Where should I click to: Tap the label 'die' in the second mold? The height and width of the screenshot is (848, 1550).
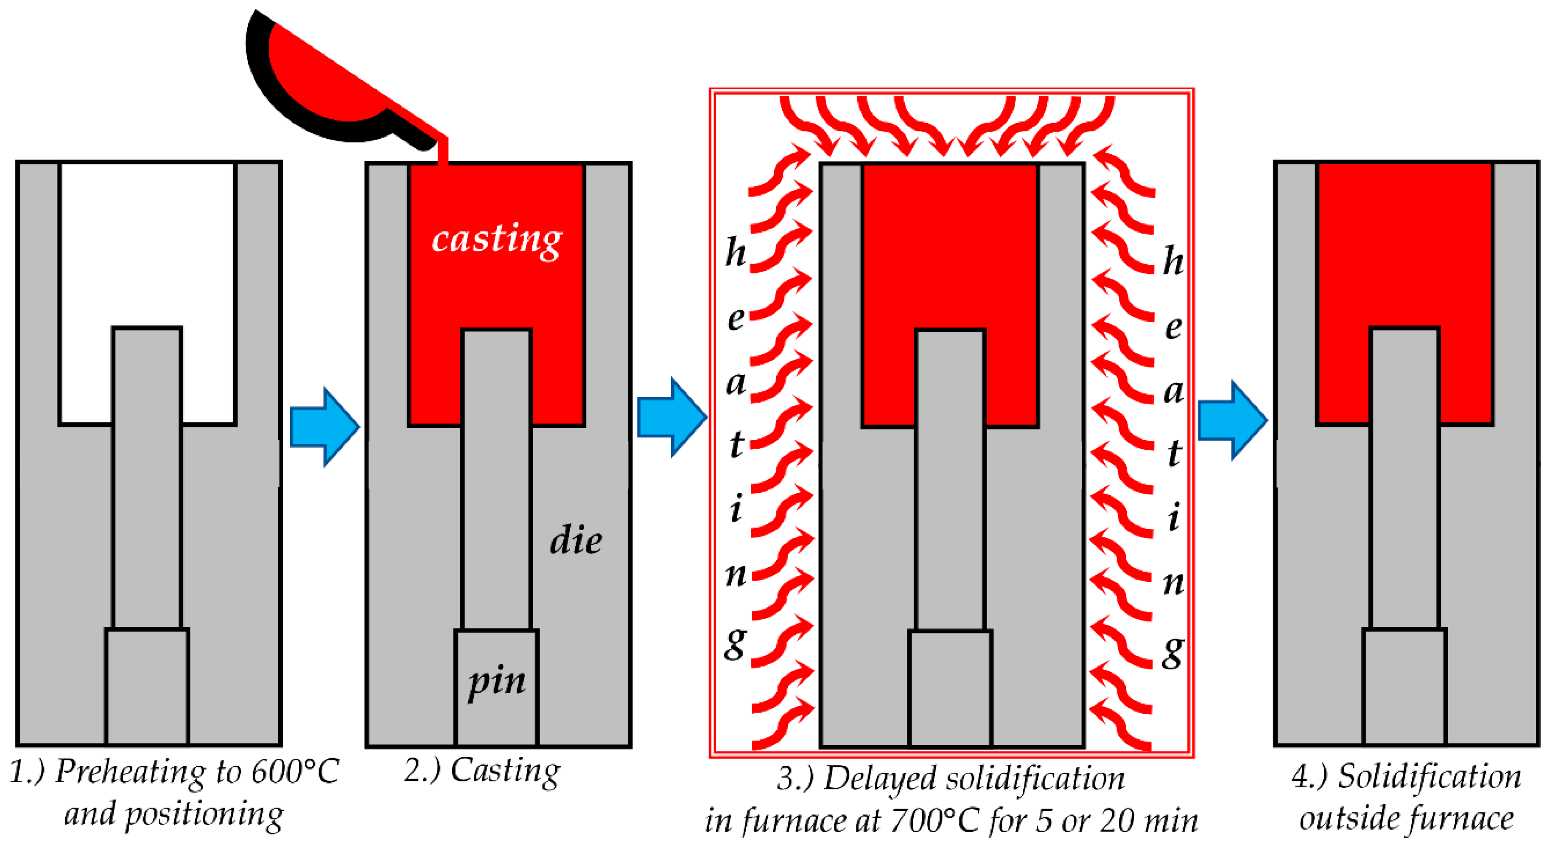(575, 540)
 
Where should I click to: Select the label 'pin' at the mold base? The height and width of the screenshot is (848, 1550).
(497, 682)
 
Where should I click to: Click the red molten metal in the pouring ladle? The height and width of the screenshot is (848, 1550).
(325, 78)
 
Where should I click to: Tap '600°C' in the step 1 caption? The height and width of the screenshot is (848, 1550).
(295, 772)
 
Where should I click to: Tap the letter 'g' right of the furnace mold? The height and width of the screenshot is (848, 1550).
(1173, 652)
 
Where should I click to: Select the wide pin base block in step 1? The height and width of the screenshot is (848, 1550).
(148, 686)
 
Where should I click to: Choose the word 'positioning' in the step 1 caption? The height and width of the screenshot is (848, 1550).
(204, 815)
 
